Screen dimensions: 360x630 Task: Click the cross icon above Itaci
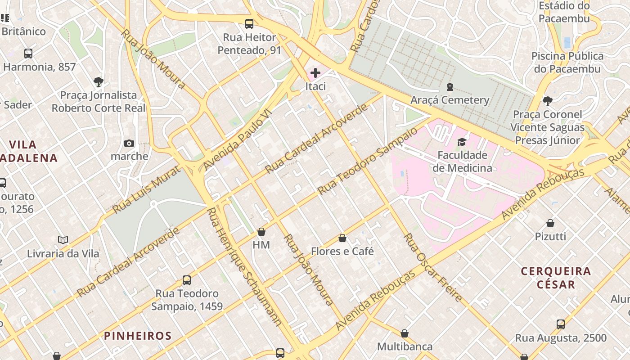(315, 72)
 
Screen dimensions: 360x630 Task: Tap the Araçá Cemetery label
(450, 100)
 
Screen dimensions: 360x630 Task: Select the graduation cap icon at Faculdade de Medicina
(462, 142)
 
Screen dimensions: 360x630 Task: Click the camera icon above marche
(129, 143)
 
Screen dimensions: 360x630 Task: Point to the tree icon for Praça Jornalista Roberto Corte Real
(99, 82)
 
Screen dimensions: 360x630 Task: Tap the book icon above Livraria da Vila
(63, 240)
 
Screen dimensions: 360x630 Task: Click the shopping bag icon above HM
(261, 232)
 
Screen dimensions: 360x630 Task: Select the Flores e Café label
(342, 251)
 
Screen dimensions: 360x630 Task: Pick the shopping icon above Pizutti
(550, 223)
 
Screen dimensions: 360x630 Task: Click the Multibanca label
(405, 346)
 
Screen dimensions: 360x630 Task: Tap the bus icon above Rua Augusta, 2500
(561, 324)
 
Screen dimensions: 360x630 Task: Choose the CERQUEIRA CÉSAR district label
(556, 278)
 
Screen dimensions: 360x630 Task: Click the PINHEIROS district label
(138, 336)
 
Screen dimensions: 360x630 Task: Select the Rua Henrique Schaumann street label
(244, 266)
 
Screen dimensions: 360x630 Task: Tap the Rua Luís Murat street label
(147, 189)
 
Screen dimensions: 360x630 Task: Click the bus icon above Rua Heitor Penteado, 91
(249, 24)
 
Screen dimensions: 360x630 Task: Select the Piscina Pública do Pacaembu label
(567, 63)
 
